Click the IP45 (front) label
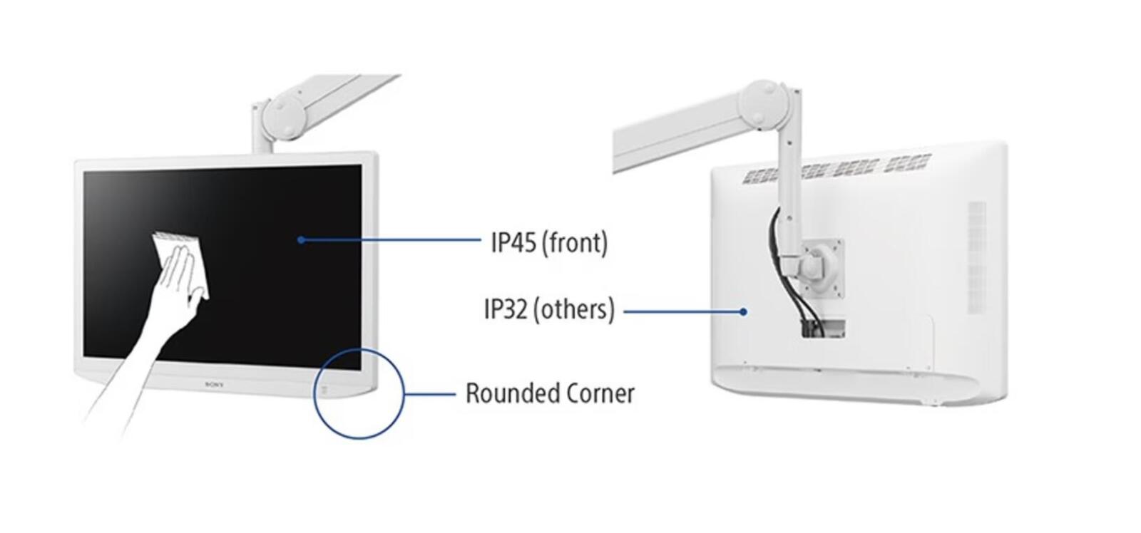click(x=549, y=243)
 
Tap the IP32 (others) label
click(x=549, y=309)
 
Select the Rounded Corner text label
click(x=550, y=393)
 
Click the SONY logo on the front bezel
click(x=215, y=385)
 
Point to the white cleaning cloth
click(x=181, y=259)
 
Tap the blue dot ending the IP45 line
click(x=302, y=239)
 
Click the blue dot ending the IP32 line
click(x=744, y=311)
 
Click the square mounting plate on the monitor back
click(x=822, y=269)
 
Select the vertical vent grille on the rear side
click(x=976, y=264)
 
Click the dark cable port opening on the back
click(x=823, y=328)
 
